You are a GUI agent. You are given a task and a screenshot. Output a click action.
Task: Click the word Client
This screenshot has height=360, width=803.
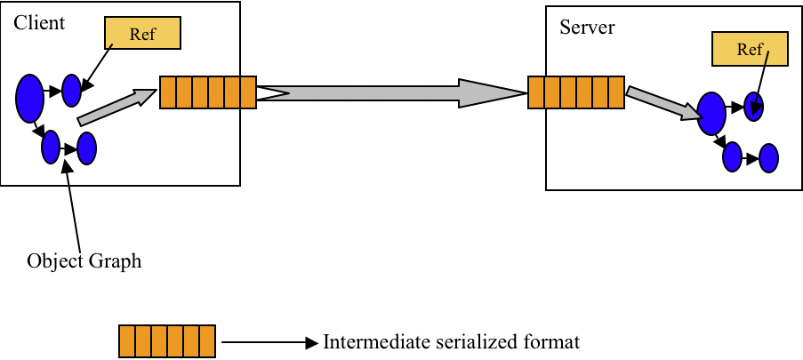39,23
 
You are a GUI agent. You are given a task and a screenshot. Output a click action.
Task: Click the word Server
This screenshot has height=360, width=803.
587,27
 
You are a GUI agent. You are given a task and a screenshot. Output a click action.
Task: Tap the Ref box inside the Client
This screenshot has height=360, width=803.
143,33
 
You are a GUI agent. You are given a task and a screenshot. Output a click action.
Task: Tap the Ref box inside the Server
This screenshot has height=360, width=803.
751,49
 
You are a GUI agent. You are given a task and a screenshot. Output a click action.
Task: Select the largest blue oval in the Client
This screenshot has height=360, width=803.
29,97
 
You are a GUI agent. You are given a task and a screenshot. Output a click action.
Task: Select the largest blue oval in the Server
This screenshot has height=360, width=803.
711,113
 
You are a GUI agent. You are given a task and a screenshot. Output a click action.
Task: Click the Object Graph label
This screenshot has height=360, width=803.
84,261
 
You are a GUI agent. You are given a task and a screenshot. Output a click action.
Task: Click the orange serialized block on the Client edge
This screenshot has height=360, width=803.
207,92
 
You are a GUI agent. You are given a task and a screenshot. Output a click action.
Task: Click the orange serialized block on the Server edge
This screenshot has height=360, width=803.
575,92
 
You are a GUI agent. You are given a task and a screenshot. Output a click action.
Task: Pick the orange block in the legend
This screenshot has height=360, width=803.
167,341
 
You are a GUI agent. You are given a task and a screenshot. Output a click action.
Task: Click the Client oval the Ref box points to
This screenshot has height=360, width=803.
71,89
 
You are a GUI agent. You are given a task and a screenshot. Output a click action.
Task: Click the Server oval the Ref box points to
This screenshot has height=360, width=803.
754,107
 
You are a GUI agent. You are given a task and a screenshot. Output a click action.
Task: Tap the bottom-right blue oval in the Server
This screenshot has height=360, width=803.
768,158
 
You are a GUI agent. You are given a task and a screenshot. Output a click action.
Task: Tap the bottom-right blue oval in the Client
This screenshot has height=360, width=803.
86,148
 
